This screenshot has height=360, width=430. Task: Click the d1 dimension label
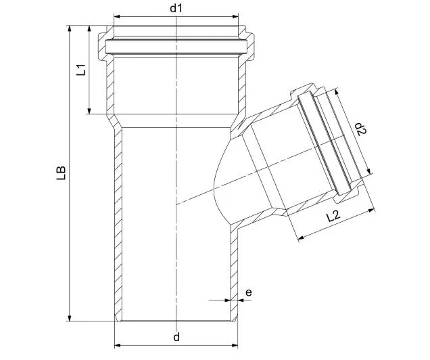click(x=176, y=8)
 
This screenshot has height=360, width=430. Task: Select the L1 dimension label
click(x=81, y=70)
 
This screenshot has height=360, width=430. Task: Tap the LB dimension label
click(x=61, y=173)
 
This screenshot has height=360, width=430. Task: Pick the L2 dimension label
click(x=333, y=217)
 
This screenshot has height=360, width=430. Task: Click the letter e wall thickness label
click(x=248, y=293)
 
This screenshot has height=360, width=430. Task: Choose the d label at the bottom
click(x=176, y=337)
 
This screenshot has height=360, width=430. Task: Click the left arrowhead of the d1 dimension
click(x=117, y=16)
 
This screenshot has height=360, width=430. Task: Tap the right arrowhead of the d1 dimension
click(x=235, y=16)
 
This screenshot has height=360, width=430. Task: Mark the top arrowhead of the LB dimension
click(x=70, y=29)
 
